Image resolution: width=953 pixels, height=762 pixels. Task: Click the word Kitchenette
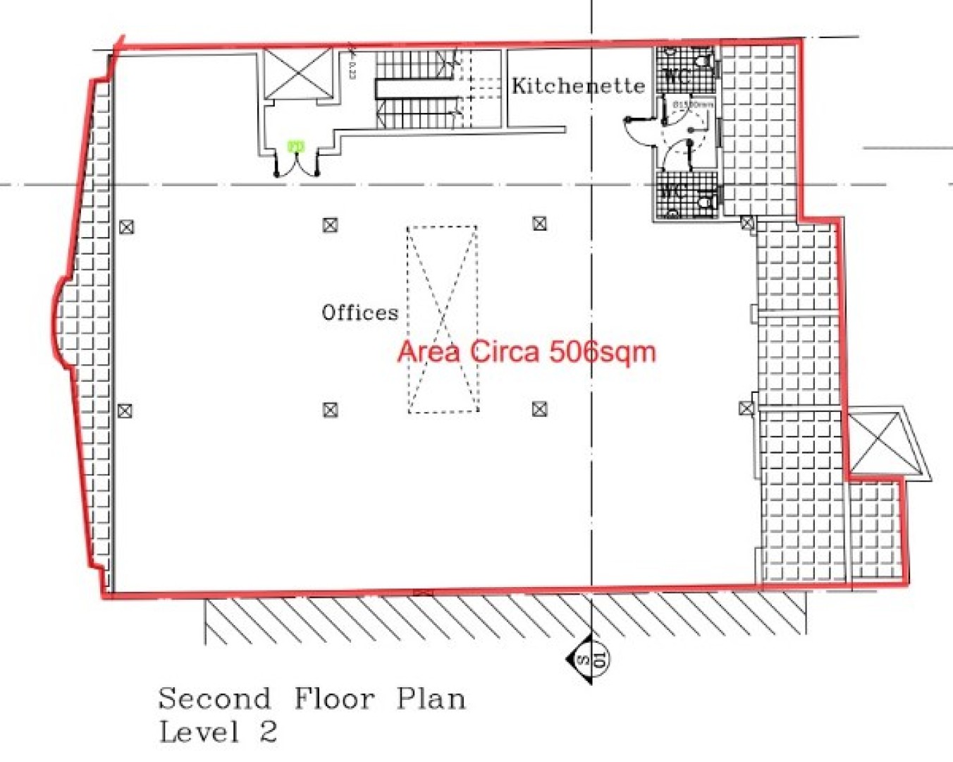tap(577, 86)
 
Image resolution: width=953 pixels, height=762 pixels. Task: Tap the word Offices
tap(359, 313)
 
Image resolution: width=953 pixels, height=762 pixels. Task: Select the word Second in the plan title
tap(214, 699)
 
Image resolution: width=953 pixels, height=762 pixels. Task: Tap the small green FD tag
tap(296, 147)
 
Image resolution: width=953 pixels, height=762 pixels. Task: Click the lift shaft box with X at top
tap(298, 73)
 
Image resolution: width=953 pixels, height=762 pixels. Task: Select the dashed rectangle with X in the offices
tap(443, 319)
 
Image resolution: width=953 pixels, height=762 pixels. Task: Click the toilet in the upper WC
tap(701, 60)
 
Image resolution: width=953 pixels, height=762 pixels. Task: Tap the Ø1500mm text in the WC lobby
tap(692, 105)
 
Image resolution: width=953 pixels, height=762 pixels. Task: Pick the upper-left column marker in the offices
tap(126, 227)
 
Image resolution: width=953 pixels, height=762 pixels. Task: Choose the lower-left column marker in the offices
tap(125, 411)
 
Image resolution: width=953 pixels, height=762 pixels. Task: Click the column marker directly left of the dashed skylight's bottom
tap(330, 409)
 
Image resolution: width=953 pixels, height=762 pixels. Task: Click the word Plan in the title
tap(431, 699)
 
